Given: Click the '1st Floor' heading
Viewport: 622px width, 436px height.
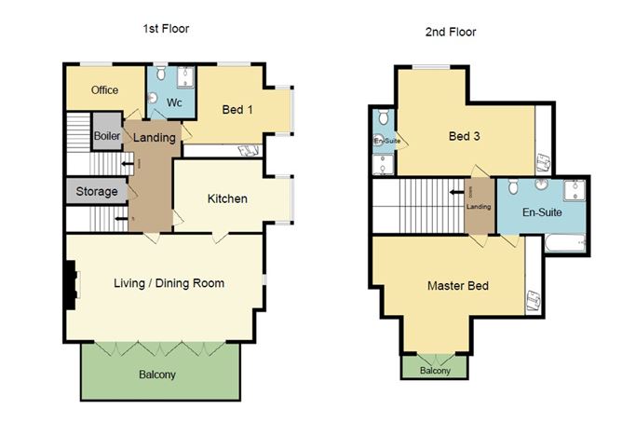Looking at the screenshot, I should pyautogui.click(x=166, y=29).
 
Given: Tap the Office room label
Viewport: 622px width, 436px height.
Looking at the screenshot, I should pyautogui.click(x=104, y=90).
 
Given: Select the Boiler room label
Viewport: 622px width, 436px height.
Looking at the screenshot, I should pyautogui.click(x=107, y=136).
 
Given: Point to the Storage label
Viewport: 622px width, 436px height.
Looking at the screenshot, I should pyautogui.click(x=97, y=192).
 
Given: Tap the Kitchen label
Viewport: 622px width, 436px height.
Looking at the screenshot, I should pyautogui.click(x=226, y=198).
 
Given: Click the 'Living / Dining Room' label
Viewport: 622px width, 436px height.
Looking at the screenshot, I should pyautogui.click(x=169, y=283).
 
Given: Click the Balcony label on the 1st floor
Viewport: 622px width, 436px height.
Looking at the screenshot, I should pyautogui.click(x=157, y=375).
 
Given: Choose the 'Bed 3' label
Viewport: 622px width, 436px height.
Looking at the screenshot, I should pyautogui.click(x=464, y=137).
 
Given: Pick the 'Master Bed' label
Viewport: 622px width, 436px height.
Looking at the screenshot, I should pyautogui.click(x=458, y=285).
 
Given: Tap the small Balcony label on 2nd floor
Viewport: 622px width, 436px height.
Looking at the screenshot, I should pyautogui.click(x=434, y=371).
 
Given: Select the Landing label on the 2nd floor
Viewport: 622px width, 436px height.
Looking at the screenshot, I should pyautogui.click(x=479, y=207).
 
